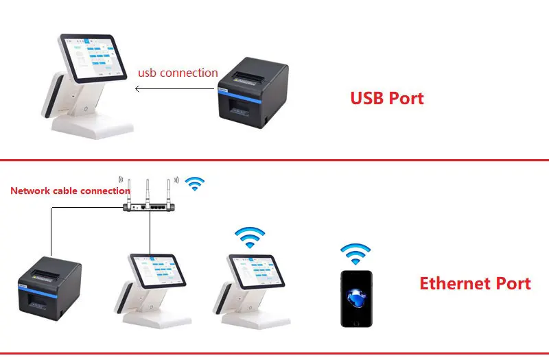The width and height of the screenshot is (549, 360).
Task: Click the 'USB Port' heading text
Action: (x=387, y=98)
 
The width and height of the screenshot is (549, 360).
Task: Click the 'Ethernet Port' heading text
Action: (x=475, y=283)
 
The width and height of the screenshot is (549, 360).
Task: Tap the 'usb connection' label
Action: (x=178, y=72)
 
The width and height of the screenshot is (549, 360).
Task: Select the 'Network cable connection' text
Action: (x=70, y=191)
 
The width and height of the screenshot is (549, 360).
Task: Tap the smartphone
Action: (x=357, y=298)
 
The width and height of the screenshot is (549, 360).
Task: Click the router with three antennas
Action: (x=150, y=205)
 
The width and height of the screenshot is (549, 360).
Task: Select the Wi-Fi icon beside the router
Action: (x=196, y=183)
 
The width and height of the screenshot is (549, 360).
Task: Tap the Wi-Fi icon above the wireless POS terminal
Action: (x=250, y=237)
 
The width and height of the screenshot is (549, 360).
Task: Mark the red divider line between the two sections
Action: (x=274, y=160)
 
